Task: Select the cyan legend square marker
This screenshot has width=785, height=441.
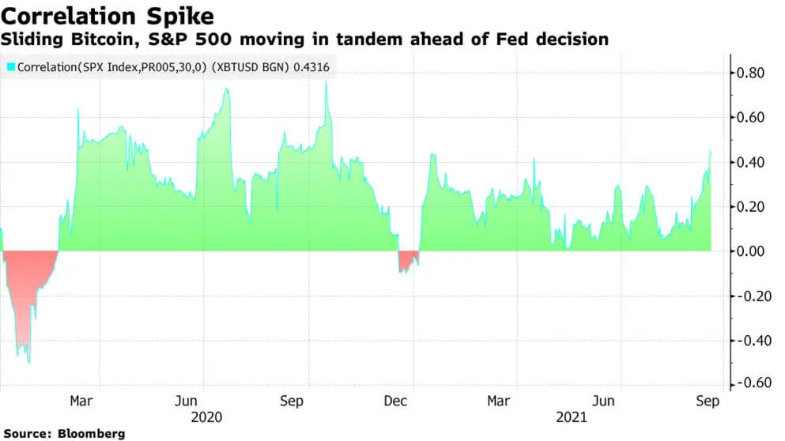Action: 10,67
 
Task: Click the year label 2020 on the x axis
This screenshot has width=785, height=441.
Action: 206,417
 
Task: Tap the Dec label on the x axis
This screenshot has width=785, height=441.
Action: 396,401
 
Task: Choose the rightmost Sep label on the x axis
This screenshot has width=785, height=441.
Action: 707,401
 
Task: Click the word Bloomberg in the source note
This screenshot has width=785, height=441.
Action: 91,434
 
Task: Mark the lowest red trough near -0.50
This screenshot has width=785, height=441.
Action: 29,361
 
